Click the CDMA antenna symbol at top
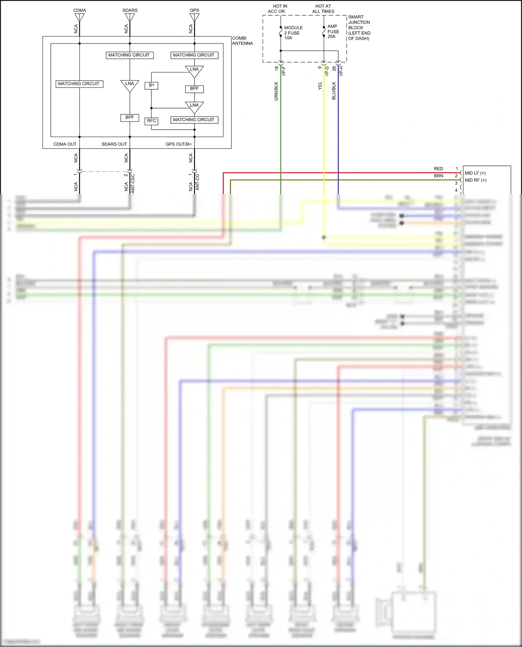point(79,17)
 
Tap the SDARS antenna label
point(130,10)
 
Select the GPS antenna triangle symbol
point(194,17)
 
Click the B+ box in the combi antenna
point(151,85)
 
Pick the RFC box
point(151,121)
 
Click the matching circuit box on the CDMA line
point(79,84)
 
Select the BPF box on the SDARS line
point(129,118)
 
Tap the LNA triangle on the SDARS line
point(129,85)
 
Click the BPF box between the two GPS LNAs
point(194,89)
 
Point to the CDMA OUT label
point(65,144)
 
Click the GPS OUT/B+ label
point(179,144)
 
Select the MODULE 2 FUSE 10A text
point(293,33)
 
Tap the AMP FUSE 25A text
point(333,31)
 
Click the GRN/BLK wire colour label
point(276,91)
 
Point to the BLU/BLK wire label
point(334,90)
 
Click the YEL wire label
point(320,86)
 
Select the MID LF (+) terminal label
point(475,173)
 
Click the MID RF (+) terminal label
point(475,180)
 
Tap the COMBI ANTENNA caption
point(242,41)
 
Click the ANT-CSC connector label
point(133,183)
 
